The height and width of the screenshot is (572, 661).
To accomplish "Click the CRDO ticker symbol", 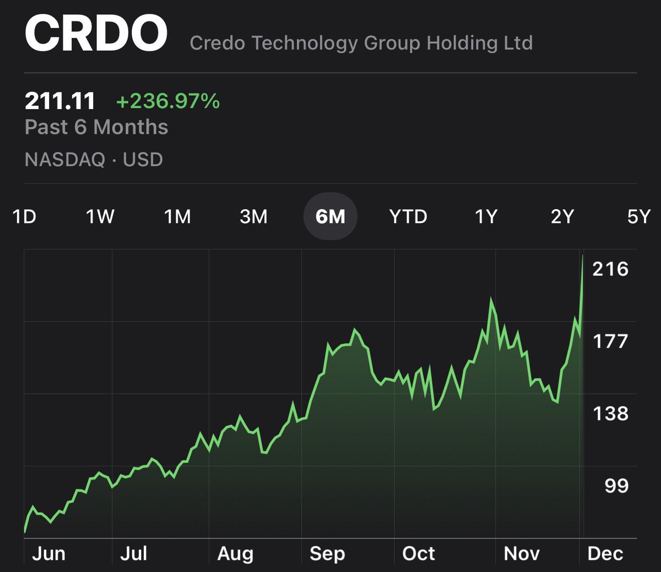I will (96, 34).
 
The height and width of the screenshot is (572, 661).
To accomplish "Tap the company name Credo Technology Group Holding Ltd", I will (361, 43).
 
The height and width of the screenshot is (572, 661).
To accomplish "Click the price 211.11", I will (60, 101).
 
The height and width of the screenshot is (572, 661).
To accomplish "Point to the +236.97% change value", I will (168, 101).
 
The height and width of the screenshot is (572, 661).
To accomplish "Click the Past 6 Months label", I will (96, 127).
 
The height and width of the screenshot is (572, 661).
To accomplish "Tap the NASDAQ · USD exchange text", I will (94, 160).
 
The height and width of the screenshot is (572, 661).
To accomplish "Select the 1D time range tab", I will (24, 216).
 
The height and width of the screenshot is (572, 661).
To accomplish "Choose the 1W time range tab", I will (100, 216).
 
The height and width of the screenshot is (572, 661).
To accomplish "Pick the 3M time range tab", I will (253, 216).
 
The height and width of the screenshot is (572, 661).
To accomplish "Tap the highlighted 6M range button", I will (330, 216).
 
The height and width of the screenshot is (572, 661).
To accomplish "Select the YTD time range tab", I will (408, 216).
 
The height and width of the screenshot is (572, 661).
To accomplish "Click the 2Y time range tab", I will (562, 216).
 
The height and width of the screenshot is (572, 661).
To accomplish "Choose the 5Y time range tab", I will (639, 216).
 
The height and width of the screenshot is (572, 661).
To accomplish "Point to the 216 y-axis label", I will (610, 269).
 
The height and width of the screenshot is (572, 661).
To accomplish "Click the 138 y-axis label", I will (610, 413).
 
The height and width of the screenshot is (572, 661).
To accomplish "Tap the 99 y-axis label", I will (616, 485).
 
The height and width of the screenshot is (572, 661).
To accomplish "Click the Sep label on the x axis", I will (327, 553).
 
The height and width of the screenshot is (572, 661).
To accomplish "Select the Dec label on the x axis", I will (605, 553).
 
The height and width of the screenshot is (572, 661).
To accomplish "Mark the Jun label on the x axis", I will (48, 553).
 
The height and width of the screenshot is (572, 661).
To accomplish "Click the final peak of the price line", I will (583, 256).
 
